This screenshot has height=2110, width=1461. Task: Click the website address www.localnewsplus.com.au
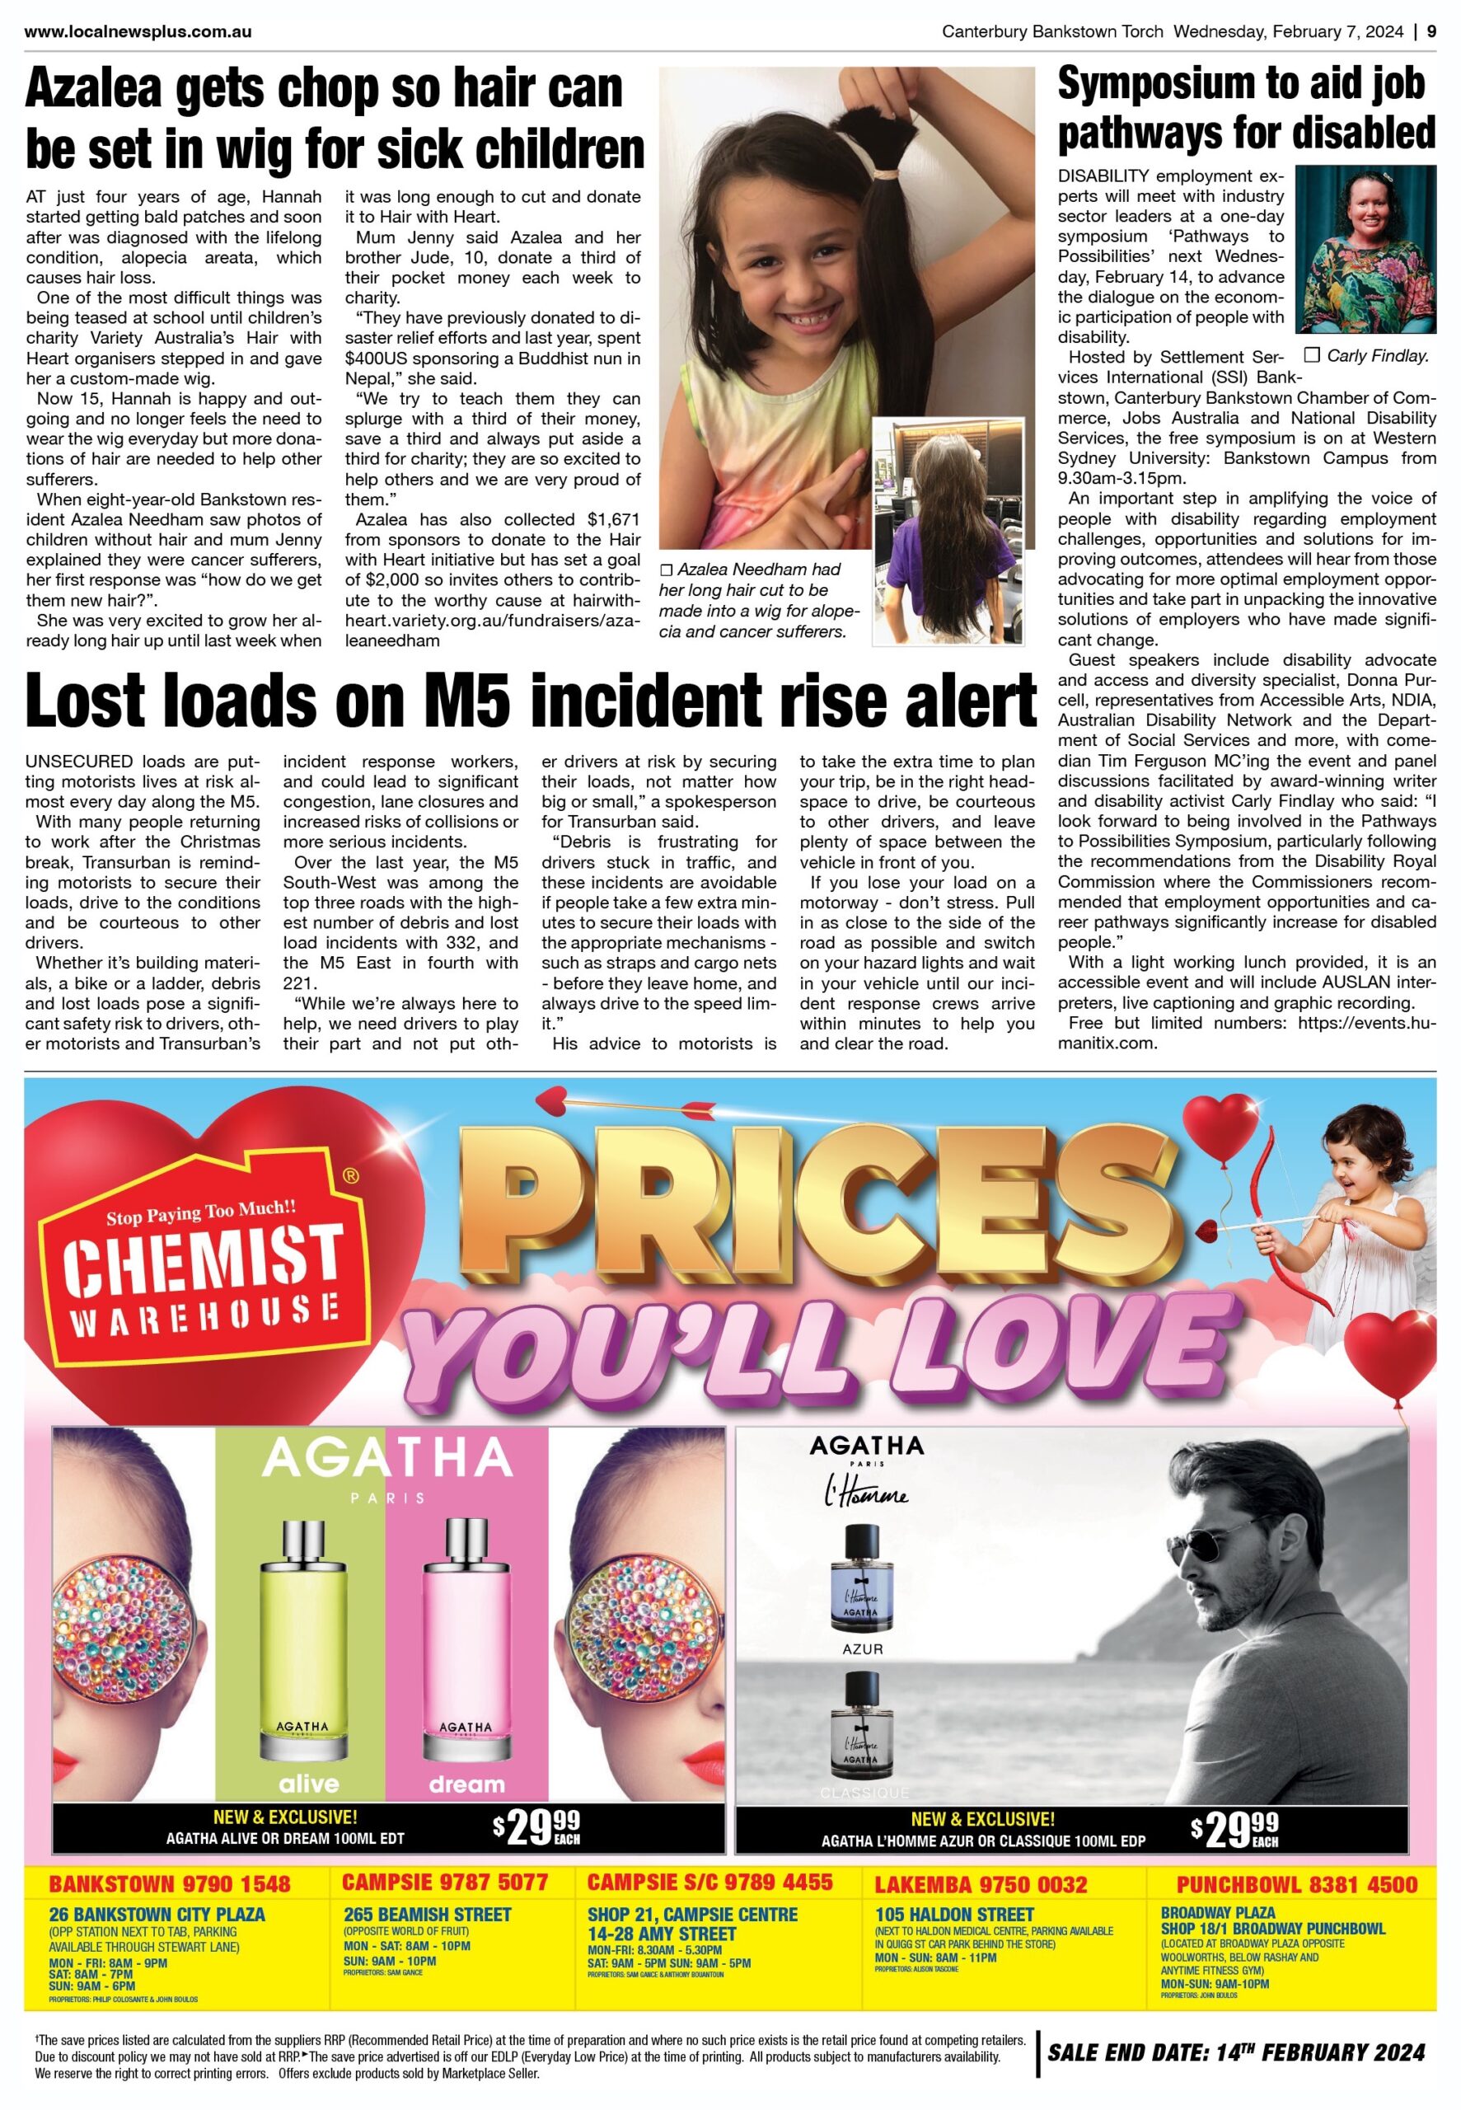pyautogui.click(x=138, y=31)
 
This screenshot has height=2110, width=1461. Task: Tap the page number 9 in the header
pyautogui.click(x=1431, y=31)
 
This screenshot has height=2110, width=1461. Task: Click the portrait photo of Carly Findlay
pyautogui.click(x=1365, y=250)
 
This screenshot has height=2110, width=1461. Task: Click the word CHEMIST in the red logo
pyautogui.click(x=204, y=1264)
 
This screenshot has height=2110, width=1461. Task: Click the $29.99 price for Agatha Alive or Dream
pyautogui.click(x=536, y=1829)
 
